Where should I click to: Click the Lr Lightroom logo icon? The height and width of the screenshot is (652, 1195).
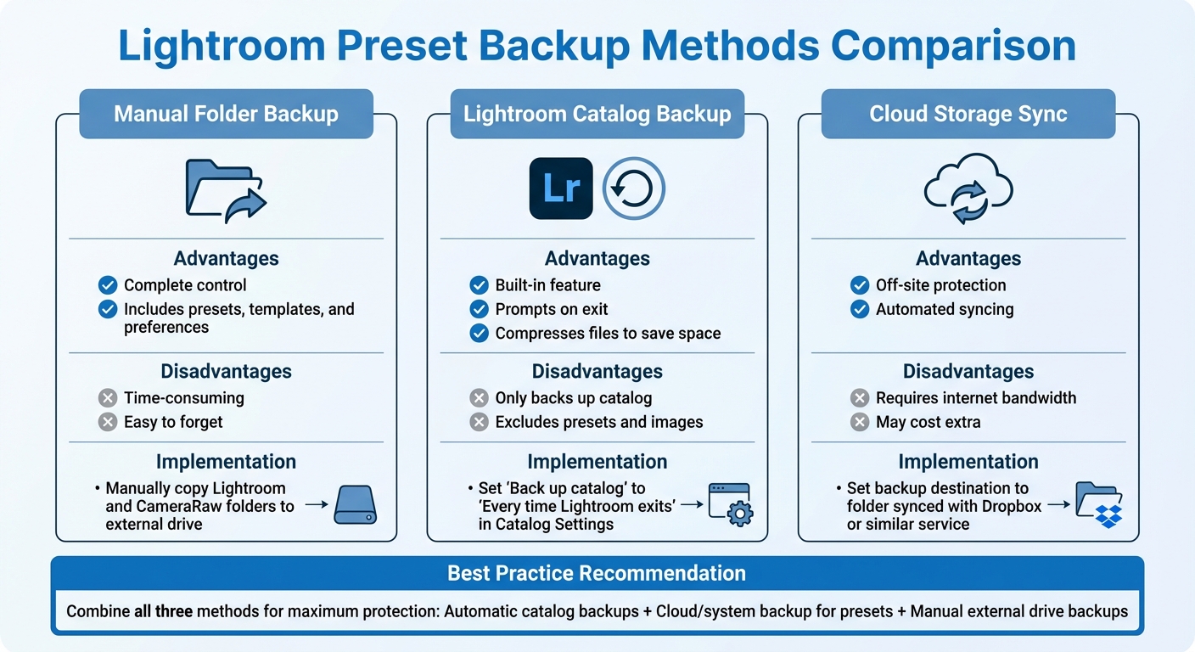(x=561, y=188)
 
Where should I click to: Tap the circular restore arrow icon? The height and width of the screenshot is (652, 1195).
(x=634, y=188)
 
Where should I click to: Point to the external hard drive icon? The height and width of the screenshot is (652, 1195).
(x=355, y=504)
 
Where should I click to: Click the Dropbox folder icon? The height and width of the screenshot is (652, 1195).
(x=1099, y=504)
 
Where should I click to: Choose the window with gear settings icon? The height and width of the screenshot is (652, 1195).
(x=729, y=504)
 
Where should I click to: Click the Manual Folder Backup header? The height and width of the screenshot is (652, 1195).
(x=226, y=115)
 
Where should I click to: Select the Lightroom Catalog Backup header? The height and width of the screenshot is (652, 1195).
(x=597, y=115)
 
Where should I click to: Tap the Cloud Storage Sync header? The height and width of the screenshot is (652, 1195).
(x=968, y=115)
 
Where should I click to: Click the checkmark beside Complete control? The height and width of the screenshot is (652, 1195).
(x=108, y=285)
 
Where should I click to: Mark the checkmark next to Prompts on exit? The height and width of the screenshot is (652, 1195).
(x=480, y=309)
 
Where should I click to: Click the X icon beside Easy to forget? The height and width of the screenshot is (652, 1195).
(x=108, y=422)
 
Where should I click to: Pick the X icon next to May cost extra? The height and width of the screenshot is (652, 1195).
(x=860, y=422)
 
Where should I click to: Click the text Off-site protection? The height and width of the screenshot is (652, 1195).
(x=940, y=285)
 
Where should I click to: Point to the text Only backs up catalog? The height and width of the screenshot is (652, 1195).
(x=573, y=397)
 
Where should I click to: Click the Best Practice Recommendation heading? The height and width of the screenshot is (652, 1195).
(x=597, y=574)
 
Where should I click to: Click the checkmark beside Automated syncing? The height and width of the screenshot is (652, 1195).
(x=860, y=309)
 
